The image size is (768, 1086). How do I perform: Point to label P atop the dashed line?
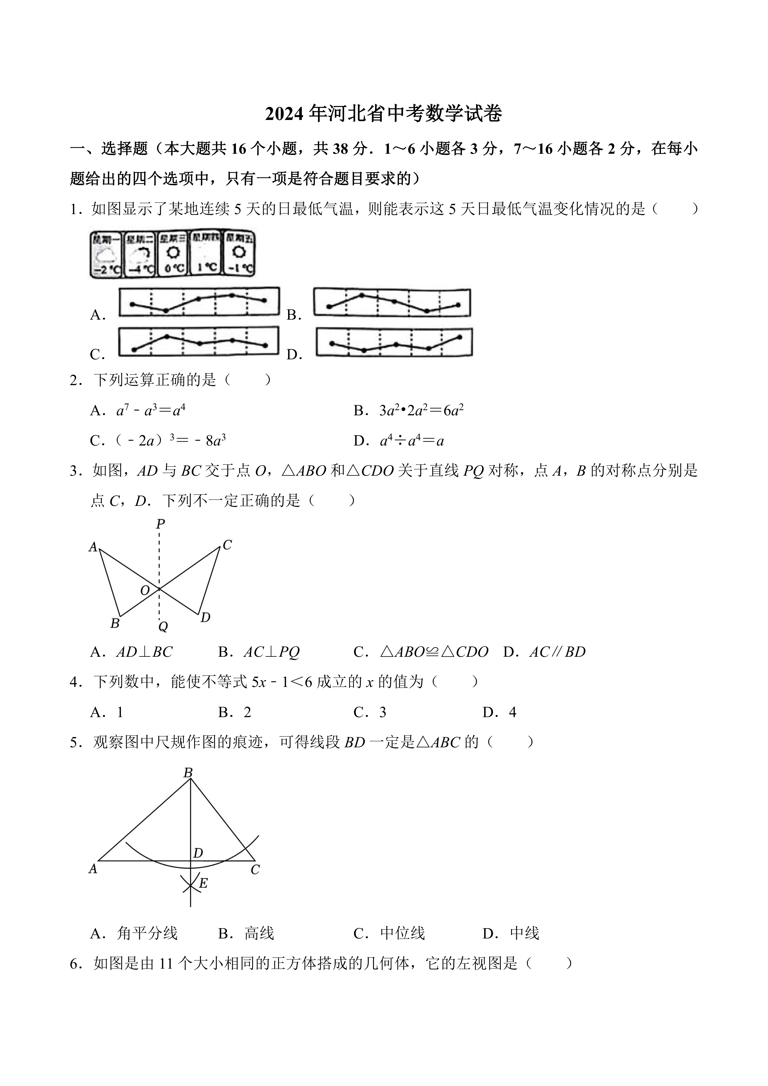coord(160,524)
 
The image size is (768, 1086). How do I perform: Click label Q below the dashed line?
coord(163,627)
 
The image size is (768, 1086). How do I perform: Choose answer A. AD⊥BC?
coord(132,652)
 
